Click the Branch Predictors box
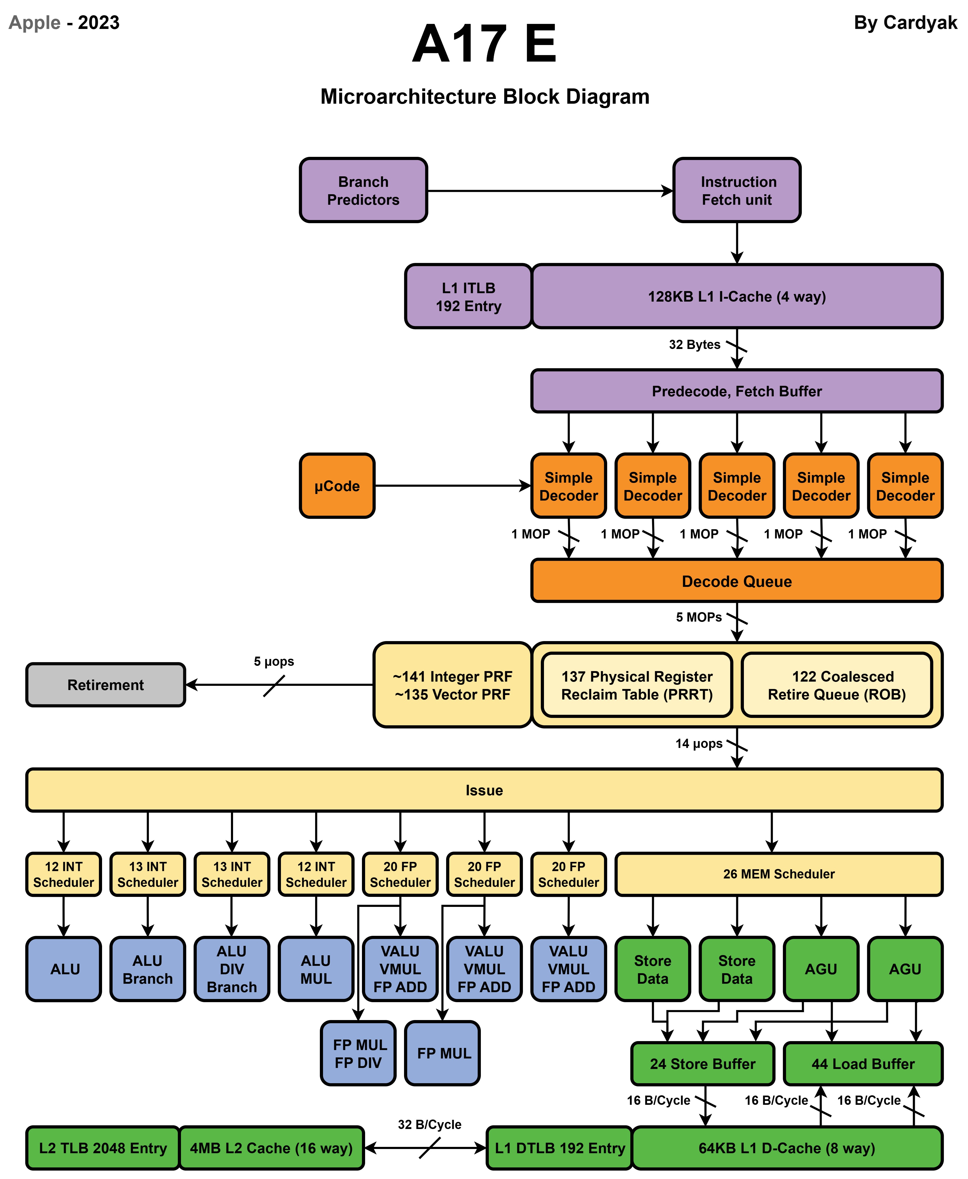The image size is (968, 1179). tap(363, 190)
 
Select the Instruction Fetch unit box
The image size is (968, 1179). tap(737, 190)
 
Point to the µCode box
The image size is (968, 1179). tap(337, 486)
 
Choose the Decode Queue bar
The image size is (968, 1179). tap(737, 581)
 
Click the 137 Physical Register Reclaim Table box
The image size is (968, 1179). tap(637, 685)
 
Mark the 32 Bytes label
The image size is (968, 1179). tap(694, 345)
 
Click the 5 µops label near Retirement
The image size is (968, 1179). tap(274, 661)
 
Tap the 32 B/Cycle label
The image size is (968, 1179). tap(429, 1124)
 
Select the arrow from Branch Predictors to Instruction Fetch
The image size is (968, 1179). tap(549, 191)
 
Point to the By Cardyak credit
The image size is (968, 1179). tap(905, 22)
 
